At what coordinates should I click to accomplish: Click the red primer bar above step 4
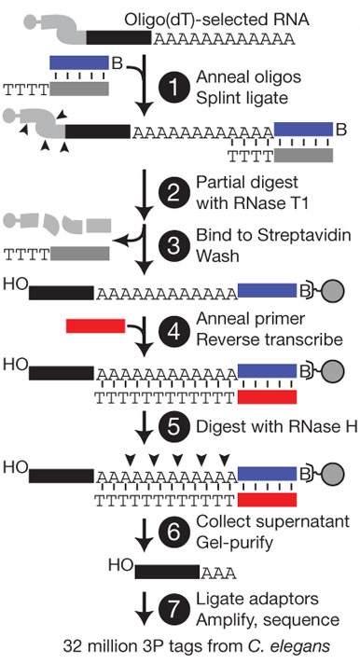click(95, 325)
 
